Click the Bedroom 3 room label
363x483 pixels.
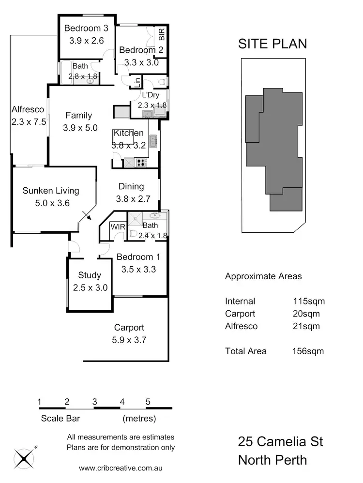click(86, 29)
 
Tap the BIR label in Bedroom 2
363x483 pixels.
click(162, 34)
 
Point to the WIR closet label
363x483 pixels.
click(117, 226)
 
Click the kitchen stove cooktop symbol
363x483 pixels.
click(141, 163)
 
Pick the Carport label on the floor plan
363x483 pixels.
click(129, 328)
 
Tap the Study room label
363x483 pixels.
click(90, 275)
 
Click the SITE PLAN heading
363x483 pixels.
click(272, 44)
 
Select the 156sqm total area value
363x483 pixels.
click(308, 351)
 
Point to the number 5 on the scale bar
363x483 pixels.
click(148, 401)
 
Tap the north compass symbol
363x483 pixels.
click(23, 457)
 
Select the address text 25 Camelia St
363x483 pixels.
click(280, 442)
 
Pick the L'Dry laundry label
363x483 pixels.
click(150, 95)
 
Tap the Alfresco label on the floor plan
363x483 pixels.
click(28, 110)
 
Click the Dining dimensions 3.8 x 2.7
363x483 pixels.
click(133, 198)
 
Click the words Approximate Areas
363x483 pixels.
click(263, 276)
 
